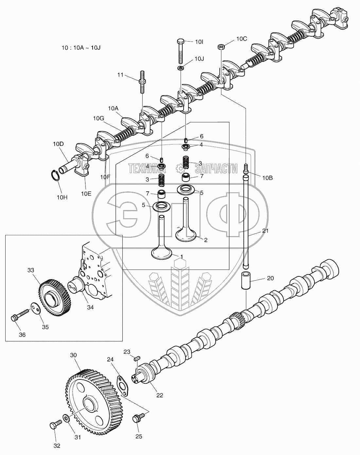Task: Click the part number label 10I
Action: (199, 42)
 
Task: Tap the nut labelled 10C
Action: (221, 47)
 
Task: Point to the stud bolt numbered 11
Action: (143, 82)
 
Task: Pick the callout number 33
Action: (30, 271)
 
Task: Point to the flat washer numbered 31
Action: (65, 418)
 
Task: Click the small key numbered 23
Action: (137, 359)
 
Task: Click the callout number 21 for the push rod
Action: (265, 231)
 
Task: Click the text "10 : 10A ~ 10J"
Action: (81, 47)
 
